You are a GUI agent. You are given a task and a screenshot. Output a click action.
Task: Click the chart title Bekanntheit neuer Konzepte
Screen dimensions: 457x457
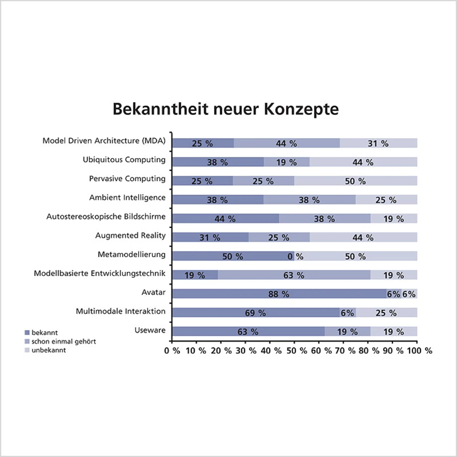coord(226,109)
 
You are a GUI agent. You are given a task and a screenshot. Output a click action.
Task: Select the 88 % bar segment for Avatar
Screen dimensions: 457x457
coord(279,294)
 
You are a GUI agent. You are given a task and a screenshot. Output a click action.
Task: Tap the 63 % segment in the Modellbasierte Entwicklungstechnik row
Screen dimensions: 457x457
coord(294,275)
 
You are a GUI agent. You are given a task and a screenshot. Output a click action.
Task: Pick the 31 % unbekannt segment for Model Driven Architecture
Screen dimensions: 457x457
coord(378,143)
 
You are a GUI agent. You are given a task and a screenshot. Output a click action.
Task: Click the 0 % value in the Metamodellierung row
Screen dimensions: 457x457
coord(295,256)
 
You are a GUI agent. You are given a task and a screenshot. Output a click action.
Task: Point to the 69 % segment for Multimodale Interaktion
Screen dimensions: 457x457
coord(255,313)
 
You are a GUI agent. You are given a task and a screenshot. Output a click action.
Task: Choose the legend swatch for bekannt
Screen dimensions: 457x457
coord(27,333)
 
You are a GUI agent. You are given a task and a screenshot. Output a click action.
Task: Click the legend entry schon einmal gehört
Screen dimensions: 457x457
coord(64,341)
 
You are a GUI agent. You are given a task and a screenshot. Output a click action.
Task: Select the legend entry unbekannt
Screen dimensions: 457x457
coord(49,350)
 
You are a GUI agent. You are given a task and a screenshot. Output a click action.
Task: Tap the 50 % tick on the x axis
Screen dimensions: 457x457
coord(296,351)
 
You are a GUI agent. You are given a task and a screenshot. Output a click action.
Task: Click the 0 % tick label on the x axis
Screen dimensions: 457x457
coord(172,351)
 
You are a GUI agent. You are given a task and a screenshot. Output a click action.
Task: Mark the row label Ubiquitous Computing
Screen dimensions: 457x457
coord(124,160)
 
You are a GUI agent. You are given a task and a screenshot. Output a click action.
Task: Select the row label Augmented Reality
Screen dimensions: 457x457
coord(130,235)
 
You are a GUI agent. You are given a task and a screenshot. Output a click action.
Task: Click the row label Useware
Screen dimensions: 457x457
coord(150,330)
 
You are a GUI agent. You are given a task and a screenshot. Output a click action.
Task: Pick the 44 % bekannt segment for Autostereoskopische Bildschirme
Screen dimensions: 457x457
coord(225,219)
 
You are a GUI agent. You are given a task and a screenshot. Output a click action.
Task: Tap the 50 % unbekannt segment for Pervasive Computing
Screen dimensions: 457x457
coord(355,181)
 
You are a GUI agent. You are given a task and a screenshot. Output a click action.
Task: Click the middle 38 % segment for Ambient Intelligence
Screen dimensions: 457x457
coord(309,200)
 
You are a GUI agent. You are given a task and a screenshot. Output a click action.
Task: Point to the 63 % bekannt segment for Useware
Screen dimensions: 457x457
coord(248,332)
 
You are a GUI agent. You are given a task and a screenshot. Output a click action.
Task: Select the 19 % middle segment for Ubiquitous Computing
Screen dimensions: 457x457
coord(286,162)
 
